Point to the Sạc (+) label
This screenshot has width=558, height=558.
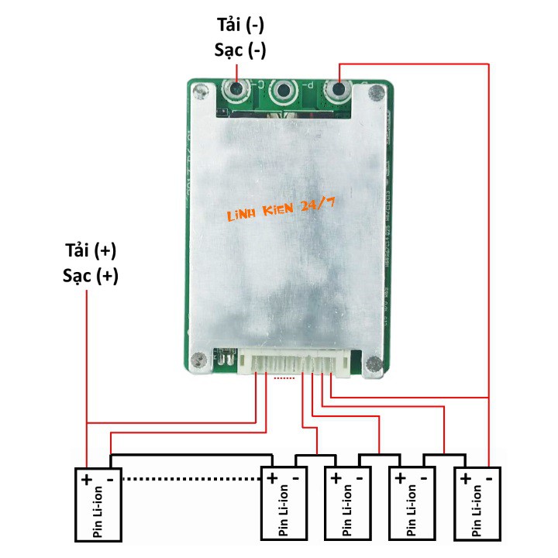(89, 276)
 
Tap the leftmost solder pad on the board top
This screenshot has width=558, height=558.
(235, 93)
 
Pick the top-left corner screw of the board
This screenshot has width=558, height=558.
(202, 90)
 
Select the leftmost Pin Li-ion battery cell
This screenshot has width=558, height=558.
(98, 504)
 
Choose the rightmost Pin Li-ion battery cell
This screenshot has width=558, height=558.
(477, 504)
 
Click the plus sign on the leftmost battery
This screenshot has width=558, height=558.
(86, 478)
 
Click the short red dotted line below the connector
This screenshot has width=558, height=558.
(285, 379)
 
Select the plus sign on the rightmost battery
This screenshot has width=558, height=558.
(465, 479)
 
